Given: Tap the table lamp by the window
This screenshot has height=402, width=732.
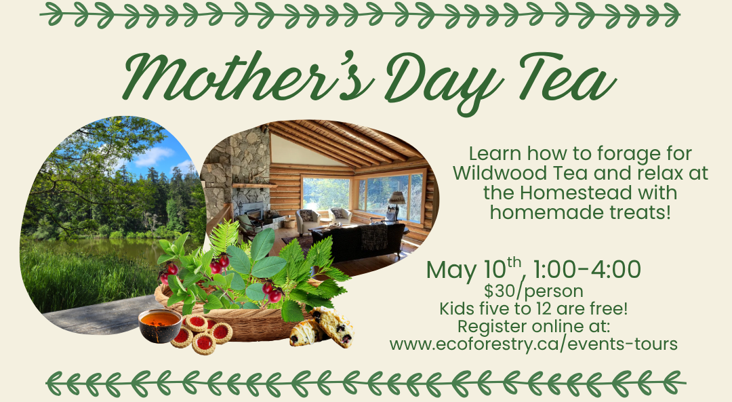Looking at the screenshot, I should point(396,201).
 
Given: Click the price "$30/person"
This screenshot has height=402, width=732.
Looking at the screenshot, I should point(534,292).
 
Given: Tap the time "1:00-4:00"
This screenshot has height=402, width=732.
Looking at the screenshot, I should point(588,270).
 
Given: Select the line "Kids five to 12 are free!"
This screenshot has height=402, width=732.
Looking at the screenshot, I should point(534,309).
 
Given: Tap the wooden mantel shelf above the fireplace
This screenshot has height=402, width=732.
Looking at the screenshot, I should point(254,185).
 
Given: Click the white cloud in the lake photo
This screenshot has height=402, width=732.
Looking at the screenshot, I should point(155,156).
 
